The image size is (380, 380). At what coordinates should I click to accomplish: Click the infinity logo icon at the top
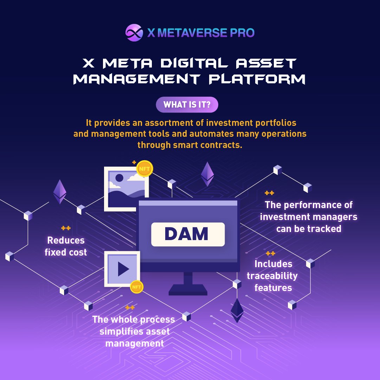pos(134,33)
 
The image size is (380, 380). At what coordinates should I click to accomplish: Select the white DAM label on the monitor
pos(188,234)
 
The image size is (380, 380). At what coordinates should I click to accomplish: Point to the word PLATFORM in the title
pos(257,79)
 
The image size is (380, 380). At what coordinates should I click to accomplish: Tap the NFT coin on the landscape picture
pos(144,169)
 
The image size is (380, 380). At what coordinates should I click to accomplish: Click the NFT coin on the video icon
pos(136,287)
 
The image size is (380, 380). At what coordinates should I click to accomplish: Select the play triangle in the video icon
pos(123,269)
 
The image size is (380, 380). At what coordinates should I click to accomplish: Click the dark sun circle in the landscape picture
pos(120,178)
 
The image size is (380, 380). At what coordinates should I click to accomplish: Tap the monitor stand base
pos(188,291)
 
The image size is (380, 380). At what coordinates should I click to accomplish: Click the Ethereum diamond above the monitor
pos(207,174)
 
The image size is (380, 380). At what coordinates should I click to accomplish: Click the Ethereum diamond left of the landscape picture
pos(60,192)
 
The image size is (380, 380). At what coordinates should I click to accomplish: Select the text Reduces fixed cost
pos(66,246)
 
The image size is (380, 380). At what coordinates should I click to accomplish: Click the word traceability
pos(272,276)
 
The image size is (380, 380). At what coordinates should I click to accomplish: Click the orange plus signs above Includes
pos(270,253)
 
